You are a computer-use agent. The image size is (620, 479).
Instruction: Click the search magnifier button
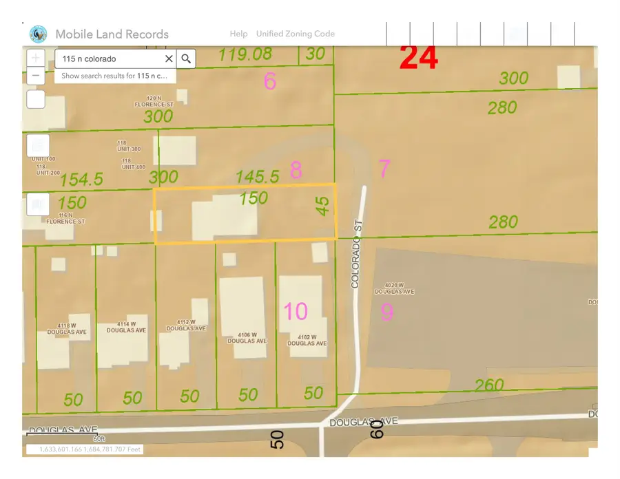click(x=186, y=59)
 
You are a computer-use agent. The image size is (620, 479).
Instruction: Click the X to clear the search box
click(x=169, y=59)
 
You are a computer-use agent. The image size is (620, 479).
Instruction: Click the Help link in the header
click(x=238, y=34)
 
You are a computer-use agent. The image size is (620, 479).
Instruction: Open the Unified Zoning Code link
click(x=295, y=34)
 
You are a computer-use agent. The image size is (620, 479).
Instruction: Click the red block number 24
click(x=419, y=58)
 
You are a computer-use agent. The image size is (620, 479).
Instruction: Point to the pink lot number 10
click(x=296, y=311)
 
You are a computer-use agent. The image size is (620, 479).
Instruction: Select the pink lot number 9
click(x=387, y=312)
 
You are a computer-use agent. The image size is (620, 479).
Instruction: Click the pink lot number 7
click(x=384, y=168)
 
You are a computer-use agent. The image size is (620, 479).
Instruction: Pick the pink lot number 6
click(x=270, y=82)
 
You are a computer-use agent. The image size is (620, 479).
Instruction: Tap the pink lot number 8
click(x=296, y=170)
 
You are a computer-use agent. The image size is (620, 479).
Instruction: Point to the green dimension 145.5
click(x=257, y=177)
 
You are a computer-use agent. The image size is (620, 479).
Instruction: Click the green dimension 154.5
click(x=81, y=180)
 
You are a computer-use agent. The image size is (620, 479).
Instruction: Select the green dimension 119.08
click(x=245, y=54)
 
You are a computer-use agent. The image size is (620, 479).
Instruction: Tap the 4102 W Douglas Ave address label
click(x=307, y=340)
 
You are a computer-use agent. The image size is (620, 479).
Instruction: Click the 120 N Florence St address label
click(x=148, y=102)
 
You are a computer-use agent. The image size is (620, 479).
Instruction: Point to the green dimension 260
click(x=489, y=385)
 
